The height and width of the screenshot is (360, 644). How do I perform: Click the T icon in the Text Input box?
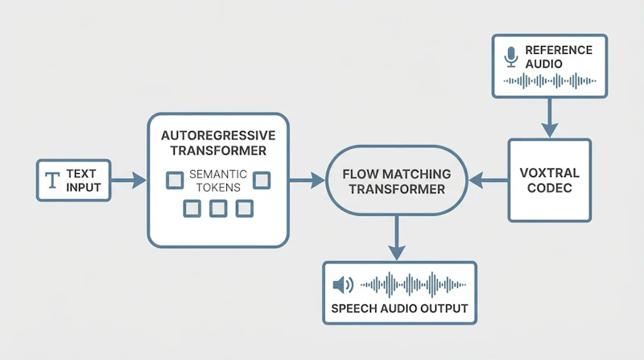pos(52,180)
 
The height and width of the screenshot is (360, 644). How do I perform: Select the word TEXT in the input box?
pos(81,173)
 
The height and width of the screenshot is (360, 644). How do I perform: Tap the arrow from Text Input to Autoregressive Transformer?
pos(129,180)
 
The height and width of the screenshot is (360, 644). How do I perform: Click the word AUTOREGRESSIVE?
pos(218,135)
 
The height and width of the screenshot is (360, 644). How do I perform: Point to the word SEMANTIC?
pos(218,174)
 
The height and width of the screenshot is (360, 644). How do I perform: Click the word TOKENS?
pos(218,188)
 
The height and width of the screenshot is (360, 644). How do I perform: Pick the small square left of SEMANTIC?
pos(175,180)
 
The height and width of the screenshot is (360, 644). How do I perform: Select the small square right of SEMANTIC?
pos(262,180)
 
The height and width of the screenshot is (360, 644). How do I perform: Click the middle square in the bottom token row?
pos(218,209)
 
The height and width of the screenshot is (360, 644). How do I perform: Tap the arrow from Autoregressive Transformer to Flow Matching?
pos(307,180)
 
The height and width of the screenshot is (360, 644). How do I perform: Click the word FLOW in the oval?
pos(360,174)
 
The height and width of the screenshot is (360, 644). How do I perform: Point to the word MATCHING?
pos(416,174)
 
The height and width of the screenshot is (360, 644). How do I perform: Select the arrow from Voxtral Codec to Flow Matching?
pos(489,180)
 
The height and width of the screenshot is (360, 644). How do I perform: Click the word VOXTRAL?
pos(550,172)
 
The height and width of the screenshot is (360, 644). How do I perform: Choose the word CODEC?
pos(550,188)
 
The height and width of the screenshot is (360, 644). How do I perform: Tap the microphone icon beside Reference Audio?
pos(511,56)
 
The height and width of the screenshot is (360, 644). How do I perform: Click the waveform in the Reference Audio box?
pos(550,81)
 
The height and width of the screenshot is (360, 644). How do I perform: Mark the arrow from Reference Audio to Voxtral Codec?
pos(550,118)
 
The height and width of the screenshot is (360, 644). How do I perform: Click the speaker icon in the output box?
pos(344,285)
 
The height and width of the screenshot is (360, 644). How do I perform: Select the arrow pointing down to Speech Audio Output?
pos(397,238)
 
